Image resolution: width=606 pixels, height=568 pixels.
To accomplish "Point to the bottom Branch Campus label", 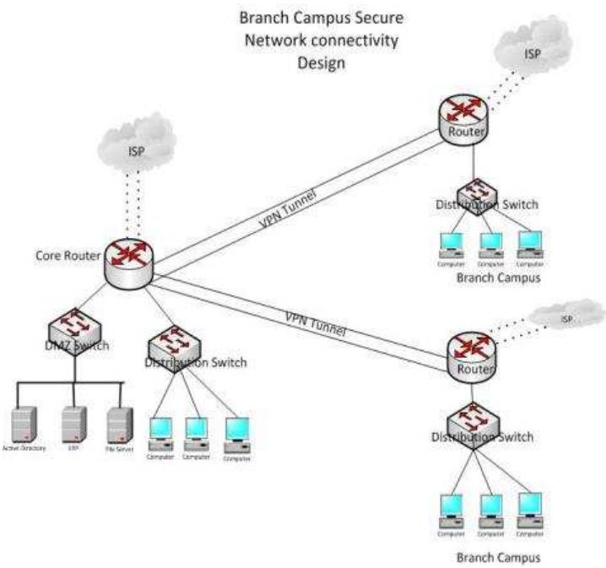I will pyautogui.click(x=497, y=558).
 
